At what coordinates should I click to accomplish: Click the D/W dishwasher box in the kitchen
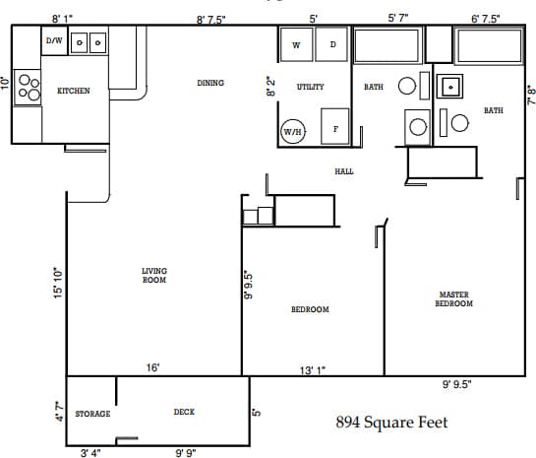point(55,41)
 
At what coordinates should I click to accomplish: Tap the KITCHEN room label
point(74,91)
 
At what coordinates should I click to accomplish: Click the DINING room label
point(210,84)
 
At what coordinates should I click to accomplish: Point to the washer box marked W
point(295,45)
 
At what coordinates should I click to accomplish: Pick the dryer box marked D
point(332,45)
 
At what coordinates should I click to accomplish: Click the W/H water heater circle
point(292,131)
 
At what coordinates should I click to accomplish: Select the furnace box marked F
point(335,128)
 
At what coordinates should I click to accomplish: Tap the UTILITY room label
point(310,87)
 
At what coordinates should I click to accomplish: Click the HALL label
point(344,171)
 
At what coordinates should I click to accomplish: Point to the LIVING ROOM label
point(154,275)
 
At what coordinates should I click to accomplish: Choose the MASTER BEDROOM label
point(453,298)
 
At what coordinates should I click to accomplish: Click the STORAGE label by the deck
point(92,414)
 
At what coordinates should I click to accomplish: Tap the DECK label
point(184,412)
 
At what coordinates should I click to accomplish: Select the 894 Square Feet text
point(391,423)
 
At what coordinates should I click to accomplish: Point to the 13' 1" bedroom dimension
point(313,370)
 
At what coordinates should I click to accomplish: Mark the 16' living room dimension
point(153,367)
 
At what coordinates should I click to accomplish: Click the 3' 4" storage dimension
point(90,453)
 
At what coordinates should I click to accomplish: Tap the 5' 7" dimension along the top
point(398,18)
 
